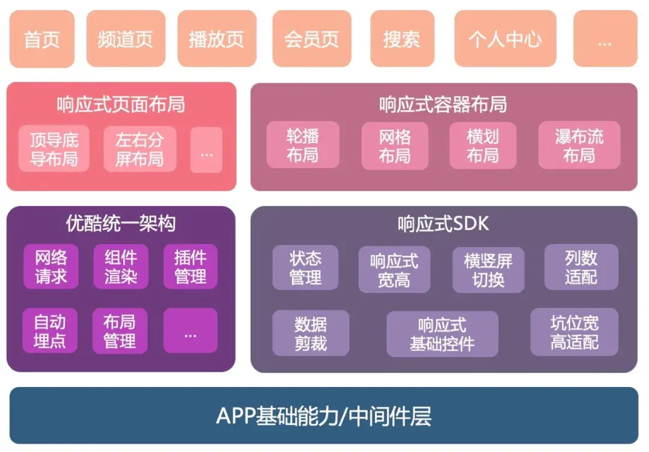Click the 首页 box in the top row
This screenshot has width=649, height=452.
coord(41,39)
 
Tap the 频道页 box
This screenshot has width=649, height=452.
coord(126,39)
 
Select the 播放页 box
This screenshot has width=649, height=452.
coord(216,39)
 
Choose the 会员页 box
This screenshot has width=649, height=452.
coord(311,39)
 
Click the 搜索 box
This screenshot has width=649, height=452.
coord(401,39)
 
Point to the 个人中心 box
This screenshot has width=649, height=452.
coord(504,39)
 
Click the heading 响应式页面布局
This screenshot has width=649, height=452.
coord(121,105)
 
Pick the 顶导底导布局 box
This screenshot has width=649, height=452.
coord(54,149)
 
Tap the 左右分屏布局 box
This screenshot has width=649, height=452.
coord(139,149)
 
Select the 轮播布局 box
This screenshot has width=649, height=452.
coord(302,145)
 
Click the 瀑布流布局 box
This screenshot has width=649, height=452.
coord(579,145)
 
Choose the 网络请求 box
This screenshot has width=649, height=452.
coord(50,267)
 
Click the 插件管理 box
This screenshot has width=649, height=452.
coord(190,267)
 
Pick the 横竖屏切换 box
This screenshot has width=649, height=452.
coord(488,270)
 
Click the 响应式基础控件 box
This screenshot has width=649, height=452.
coord(442,334)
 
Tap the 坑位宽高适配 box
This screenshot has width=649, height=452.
coord(574,332)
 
